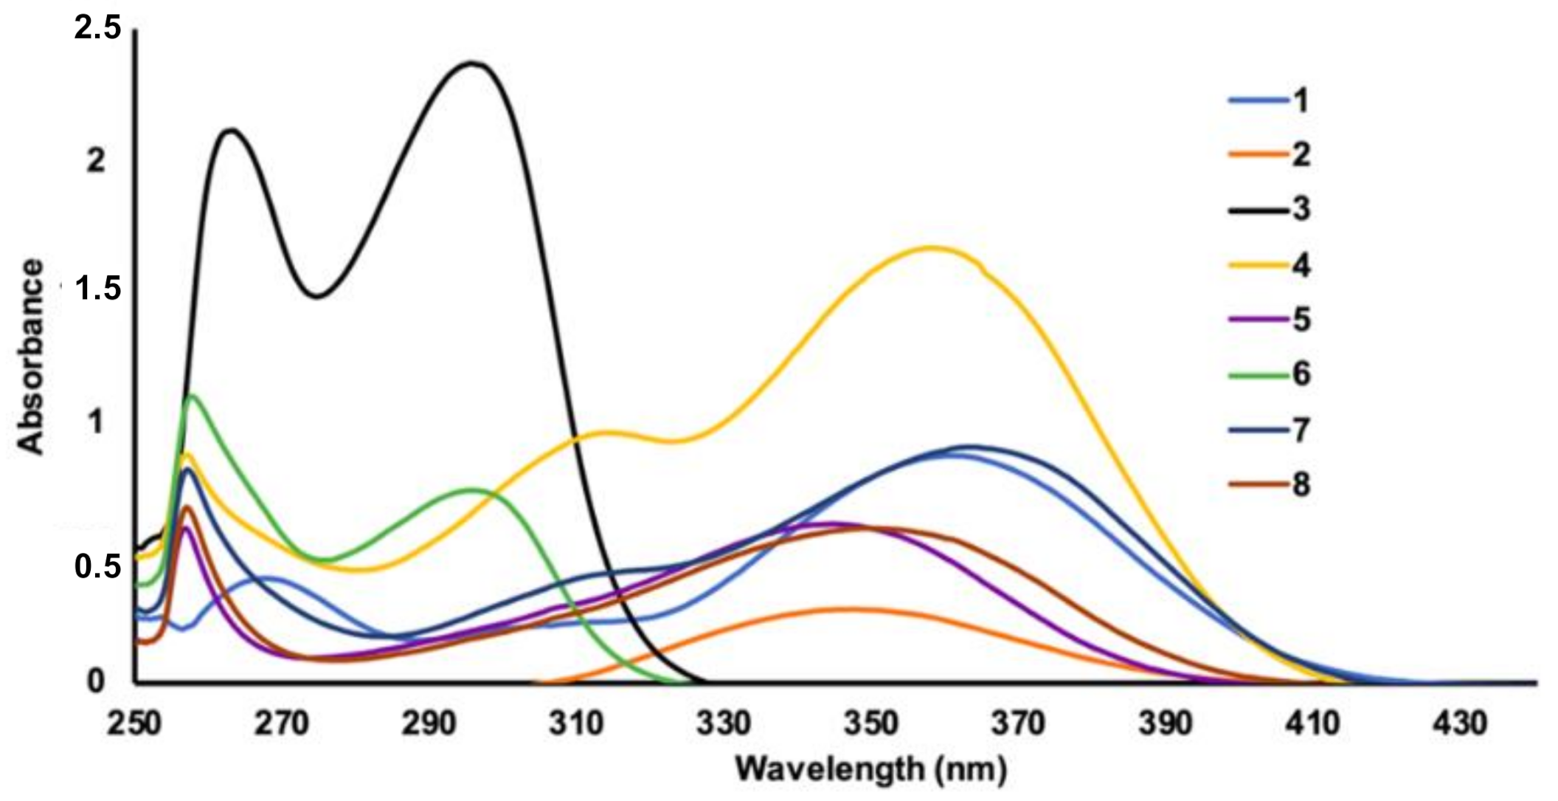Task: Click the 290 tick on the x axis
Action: click(429, 723)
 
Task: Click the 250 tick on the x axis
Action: click(134, 723)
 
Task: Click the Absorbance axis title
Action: click(31, 356)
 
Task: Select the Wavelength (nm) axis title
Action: click(871, 770)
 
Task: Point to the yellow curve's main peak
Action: click(931, 247)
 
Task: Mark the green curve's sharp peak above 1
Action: click(193, 396)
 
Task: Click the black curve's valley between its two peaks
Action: click(317, 297)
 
